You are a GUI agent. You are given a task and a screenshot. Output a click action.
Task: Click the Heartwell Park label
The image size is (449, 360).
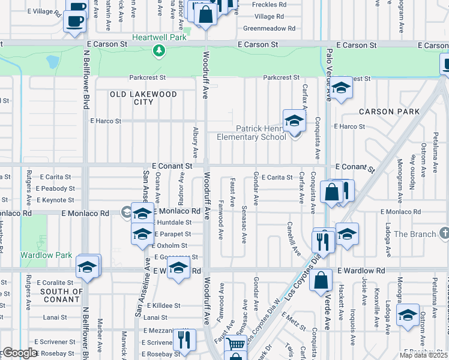[x=159, y=37]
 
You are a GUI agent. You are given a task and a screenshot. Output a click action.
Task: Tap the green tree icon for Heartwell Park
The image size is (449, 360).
[x=159, y=51]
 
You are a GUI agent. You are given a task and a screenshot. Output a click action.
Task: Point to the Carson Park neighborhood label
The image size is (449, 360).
[x=389, y=112]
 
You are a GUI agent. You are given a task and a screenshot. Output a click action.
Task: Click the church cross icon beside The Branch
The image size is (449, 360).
[x=444, y=233]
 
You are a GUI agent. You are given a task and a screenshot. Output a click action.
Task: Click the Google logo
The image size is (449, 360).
[x=20, y=353]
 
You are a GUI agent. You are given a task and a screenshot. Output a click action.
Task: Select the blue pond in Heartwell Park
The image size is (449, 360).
[x=53, y=62]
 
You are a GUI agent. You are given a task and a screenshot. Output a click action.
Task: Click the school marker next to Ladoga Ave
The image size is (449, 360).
[x=408, y=315]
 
